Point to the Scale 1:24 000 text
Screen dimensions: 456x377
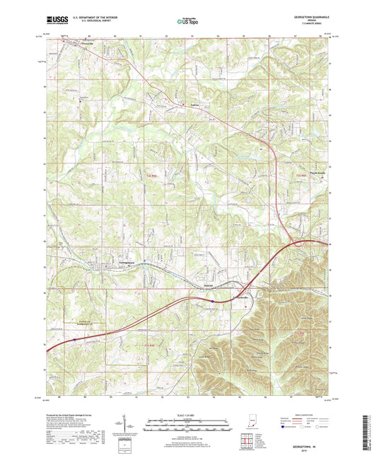188,414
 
